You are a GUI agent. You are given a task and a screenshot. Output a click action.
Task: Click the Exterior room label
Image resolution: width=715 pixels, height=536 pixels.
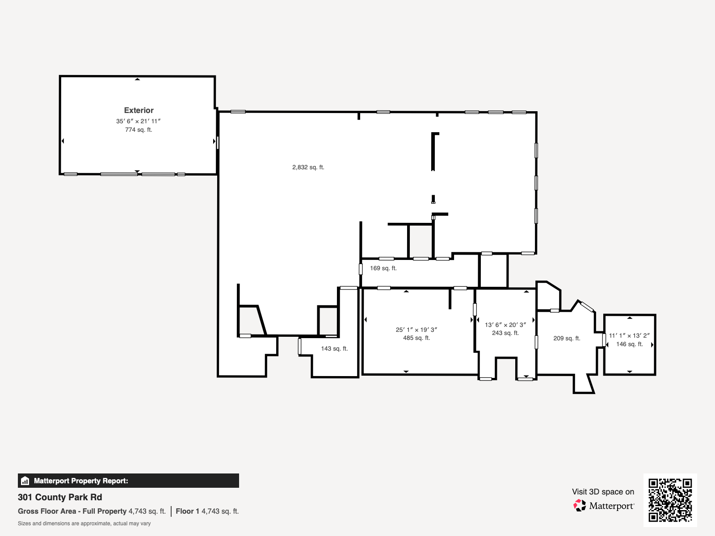pos(139,110)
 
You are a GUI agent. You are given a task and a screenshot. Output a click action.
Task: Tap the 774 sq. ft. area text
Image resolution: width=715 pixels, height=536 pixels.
pos(139,130)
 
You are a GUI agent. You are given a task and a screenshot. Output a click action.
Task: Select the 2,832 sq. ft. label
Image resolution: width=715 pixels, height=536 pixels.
pos(308,167)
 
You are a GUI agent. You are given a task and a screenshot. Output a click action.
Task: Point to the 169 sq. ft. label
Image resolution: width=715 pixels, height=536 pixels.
pos(383,268)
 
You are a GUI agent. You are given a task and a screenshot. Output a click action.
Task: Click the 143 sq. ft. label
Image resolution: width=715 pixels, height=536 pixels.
pos(334,349)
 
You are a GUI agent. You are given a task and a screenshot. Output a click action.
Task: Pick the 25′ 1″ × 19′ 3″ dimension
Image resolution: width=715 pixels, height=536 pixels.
pos(416,330)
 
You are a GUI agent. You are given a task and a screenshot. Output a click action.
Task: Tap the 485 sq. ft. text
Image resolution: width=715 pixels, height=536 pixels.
pos(416,338)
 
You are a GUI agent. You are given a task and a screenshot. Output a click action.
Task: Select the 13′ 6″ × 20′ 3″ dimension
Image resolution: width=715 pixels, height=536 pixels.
pos(505,325)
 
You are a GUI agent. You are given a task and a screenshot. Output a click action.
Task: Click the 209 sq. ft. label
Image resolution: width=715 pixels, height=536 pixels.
pos(566,339)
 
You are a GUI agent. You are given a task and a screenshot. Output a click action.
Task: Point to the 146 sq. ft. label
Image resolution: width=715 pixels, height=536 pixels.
pos(629,344)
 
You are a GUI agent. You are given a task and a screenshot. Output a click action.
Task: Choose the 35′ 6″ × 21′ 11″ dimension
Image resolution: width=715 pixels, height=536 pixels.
pos(138,121)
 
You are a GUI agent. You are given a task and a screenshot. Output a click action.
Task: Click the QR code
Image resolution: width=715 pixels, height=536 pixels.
pos(670,500)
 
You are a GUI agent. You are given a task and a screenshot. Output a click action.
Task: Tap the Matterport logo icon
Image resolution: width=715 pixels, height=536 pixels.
pos(580,506)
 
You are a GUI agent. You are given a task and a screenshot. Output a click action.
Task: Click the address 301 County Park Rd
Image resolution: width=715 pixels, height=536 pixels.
pos(60,497)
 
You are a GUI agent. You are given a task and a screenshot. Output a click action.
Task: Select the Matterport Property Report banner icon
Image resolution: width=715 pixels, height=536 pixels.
pos(25,481)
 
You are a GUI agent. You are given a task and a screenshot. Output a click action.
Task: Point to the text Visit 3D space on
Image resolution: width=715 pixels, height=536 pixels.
pos(603,492)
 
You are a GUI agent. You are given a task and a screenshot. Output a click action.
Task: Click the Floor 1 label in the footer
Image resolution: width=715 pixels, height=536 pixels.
pos(187,511)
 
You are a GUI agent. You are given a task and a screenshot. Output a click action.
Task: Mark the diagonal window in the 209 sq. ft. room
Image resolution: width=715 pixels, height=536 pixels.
pos(587,307)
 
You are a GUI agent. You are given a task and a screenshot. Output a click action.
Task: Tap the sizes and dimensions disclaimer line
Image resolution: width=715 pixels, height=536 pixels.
pos(84,523)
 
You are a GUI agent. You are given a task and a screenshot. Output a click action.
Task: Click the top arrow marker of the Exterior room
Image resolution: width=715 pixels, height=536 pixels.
pos(138,79)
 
